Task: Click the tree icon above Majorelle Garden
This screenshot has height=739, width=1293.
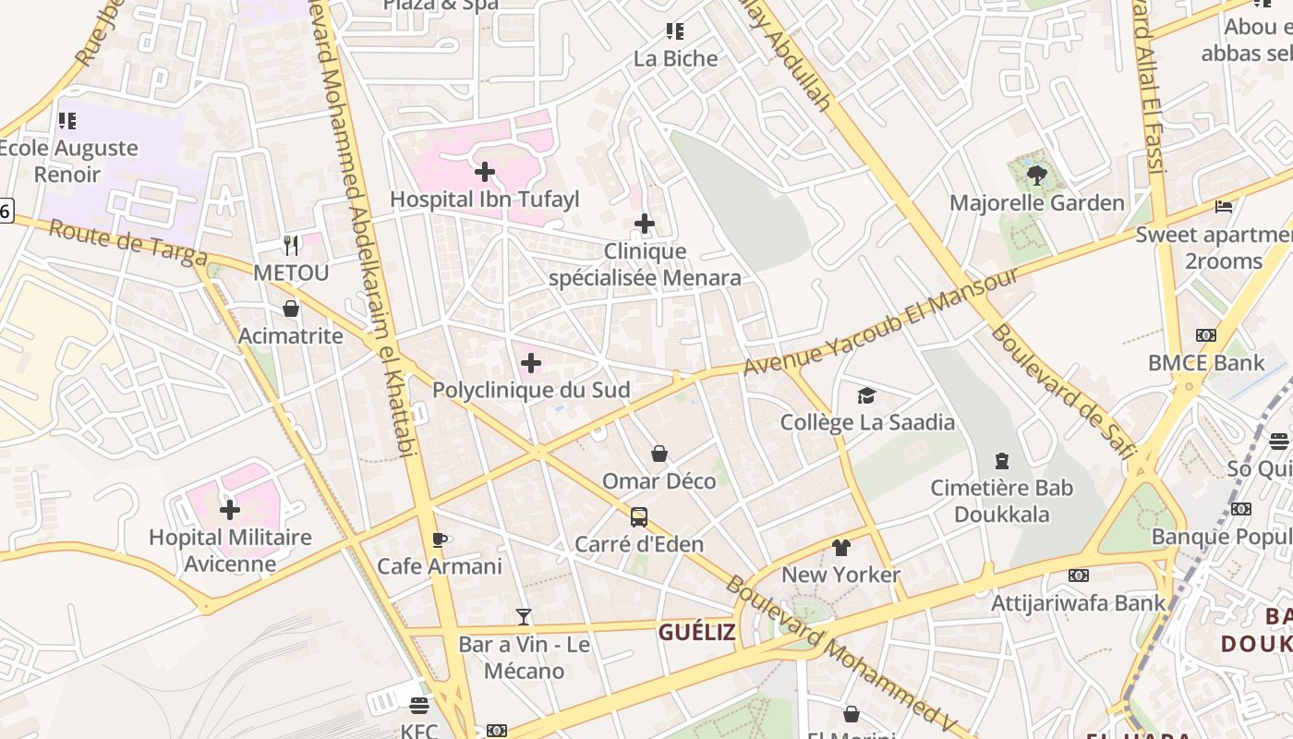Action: [1036, 174]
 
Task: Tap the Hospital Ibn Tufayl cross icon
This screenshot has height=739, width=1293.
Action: [485, 172]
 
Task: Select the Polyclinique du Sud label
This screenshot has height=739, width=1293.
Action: [531, 390]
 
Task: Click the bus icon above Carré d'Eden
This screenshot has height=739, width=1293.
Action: [639, 516]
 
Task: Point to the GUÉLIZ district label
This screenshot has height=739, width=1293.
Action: [696, 633]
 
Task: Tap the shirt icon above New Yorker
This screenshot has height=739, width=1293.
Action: [840, 547]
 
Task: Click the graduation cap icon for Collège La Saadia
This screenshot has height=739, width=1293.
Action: [866, 395]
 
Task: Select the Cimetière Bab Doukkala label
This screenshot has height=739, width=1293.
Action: [1001, 501]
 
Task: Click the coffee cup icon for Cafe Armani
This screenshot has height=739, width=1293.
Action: [440, 539]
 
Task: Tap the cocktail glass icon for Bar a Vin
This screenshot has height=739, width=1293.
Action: [524, 616]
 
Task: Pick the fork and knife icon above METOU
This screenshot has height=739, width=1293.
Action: [291, 245]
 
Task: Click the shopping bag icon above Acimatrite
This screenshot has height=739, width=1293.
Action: [291, 309]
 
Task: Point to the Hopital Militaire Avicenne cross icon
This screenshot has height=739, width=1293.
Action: [230, 509]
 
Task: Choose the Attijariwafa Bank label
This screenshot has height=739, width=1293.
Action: [1079, 603]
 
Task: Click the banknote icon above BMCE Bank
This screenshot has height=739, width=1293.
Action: [1206, 335]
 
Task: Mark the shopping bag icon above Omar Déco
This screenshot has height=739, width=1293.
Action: [659, 454]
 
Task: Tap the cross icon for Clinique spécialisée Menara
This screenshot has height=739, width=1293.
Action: [645, 224]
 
